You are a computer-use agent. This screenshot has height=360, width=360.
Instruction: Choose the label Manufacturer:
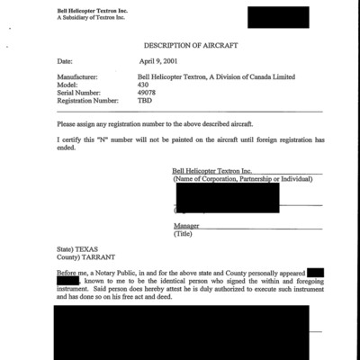tap(78, 78)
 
